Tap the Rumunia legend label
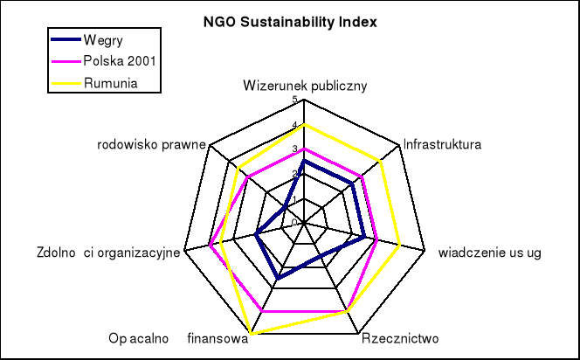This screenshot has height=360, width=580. pyautogui.click(x=110, y=83)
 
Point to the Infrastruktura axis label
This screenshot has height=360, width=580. pyautogui.click(x=443, y=144)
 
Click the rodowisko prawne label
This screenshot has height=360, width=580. pyautogui.click(x=151, y=144)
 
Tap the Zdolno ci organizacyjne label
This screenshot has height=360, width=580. pyautogui.click(x=108, y=253)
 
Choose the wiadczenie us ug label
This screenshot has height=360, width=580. pyautogui.click(x=489, y=253)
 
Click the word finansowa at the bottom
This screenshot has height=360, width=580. pyautogui.click(x=217, y=339)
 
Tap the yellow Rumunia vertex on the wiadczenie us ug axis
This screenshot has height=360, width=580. pyautogui.click(x=399, y=246)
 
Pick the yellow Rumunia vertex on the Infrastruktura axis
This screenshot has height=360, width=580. pyautogui.click(x=381, y=160)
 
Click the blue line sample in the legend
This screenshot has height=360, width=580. pyautogui.click(x=64, y=40)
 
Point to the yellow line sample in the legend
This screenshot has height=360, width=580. pyautogui.click(x=64, y=83)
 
